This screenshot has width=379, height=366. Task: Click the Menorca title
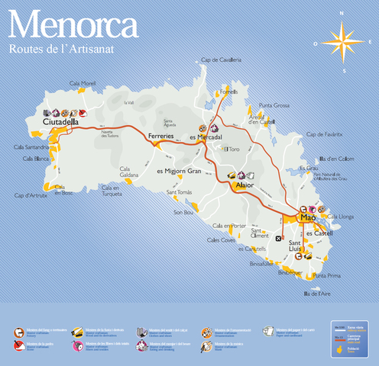[72, 24]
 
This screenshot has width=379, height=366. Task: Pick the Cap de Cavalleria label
[221, 59]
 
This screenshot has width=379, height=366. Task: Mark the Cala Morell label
[83, 83]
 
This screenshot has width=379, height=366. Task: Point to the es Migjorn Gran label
[179, 171]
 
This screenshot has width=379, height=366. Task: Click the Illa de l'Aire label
[316, 293]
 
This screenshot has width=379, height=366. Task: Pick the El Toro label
[232, 149]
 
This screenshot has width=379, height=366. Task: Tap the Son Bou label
[184, 212]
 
